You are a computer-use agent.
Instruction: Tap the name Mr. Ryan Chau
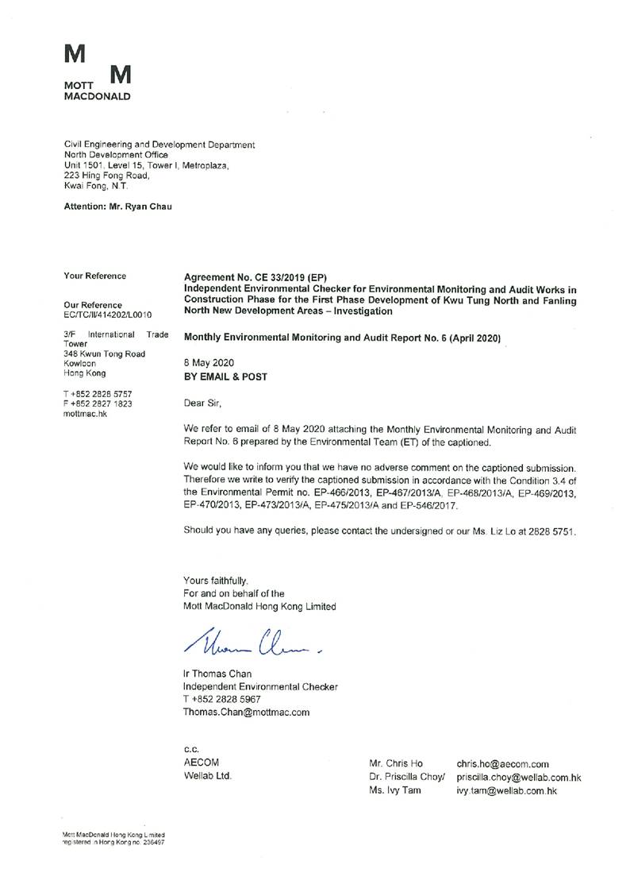click(140, 207)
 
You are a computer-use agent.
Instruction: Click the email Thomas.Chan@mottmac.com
click(246, 712)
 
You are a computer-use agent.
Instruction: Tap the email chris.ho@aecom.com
click(502, 763)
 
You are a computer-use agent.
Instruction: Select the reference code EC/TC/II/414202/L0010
click(108, 315)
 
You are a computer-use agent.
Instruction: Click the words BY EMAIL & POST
click(225, 377)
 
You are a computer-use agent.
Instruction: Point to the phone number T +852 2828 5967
click(221, 699)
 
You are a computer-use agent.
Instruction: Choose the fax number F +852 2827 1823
click(98, 404)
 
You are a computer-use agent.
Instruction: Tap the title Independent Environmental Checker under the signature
click(260, 686)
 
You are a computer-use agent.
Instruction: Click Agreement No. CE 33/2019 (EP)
click(255, 277)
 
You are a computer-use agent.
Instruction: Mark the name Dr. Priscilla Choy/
click(408, 777)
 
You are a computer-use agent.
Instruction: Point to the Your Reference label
click(94, 276)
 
